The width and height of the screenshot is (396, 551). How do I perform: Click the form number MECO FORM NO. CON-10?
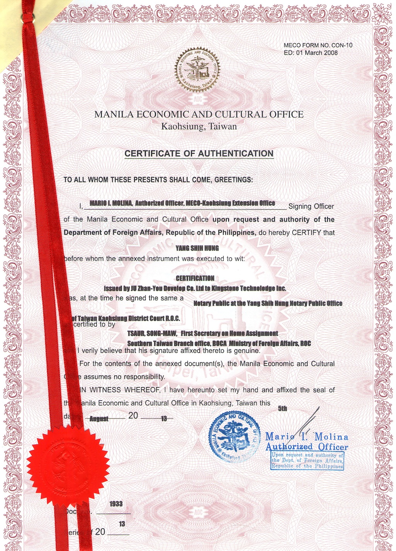coord(318,45)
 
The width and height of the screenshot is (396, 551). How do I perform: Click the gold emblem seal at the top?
coord(196,70)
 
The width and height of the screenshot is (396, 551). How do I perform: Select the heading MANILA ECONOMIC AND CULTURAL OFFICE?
coord(199,114)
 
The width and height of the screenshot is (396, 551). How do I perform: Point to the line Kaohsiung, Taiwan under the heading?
coord(199,126)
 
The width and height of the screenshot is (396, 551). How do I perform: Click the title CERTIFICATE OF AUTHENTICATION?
coord(199,154)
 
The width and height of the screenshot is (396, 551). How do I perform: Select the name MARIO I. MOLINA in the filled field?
coord(111,203)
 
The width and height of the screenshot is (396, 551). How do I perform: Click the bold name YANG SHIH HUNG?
coord(197,248)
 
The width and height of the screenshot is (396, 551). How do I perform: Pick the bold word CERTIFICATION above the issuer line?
coord(195,278)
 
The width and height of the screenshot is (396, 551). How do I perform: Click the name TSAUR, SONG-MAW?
coord(152,333)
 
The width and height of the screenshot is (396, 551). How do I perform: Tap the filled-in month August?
coord(99,419)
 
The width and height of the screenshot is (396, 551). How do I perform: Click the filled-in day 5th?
coord(282,408)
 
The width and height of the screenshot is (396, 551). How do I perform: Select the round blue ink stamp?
coord(234,436)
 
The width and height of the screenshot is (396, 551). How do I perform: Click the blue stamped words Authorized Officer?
coord(307,447)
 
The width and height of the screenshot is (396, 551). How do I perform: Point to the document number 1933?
coord(116,504)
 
